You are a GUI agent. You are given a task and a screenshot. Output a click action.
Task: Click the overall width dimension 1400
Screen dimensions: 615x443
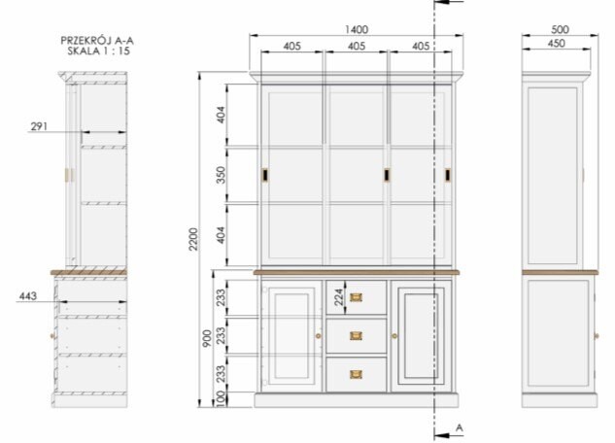[x=357, y=30]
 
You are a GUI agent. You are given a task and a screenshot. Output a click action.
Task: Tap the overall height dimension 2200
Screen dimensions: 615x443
[x=193, y=239]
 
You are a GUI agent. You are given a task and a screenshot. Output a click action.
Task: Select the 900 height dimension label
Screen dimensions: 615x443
[x=207, y=338]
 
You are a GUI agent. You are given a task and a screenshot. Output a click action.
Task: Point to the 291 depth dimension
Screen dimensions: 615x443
[x=39, y=126]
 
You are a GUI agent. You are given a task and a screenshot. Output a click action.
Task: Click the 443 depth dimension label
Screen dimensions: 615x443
[x=28, y=295]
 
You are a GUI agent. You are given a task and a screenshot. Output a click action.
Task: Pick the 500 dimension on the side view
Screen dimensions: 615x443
[x=560, y=29]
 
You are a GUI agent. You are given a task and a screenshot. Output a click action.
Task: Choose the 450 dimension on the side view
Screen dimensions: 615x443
[x=556, y=43]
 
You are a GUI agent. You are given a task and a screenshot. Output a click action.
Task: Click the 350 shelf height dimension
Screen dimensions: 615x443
[x=222, y=175]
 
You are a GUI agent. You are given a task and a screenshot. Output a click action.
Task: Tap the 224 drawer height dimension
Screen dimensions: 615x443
[x=339, y=297]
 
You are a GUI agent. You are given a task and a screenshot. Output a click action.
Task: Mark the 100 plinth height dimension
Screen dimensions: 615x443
[x=222, y=398]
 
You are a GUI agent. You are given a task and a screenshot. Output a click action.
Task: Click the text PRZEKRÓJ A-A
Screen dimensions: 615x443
[x=97, y=41]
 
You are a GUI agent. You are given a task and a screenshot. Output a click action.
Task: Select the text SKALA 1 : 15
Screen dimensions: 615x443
[x=98, y=51]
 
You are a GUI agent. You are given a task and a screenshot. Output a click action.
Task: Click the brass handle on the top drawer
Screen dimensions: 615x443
[x=356, y=297]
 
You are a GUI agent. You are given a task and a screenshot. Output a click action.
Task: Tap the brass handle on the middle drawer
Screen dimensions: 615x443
[x=356, y=335]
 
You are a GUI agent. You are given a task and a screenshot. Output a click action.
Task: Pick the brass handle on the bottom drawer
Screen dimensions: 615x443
[x=356, y=374]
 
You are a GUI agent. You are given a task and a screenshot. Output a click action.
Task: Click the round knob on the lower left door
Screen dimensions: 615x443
[x=318, y=336]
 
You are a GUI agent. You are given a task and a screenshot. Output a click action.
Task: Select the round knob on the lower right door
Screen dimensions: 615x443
[x=394, y=336]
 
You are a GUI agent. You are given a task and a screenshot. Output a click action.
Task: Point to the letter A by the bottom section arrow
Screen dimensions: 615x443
[x=460, y=427]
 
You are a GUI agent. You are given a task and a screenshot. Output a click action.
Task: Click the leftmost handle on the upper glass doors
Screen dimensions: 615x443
[x=264, y=175]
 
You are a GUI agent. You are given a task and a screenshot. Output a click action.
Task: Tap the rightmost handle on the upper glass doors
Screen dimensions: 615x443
[x=448, y=175]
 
